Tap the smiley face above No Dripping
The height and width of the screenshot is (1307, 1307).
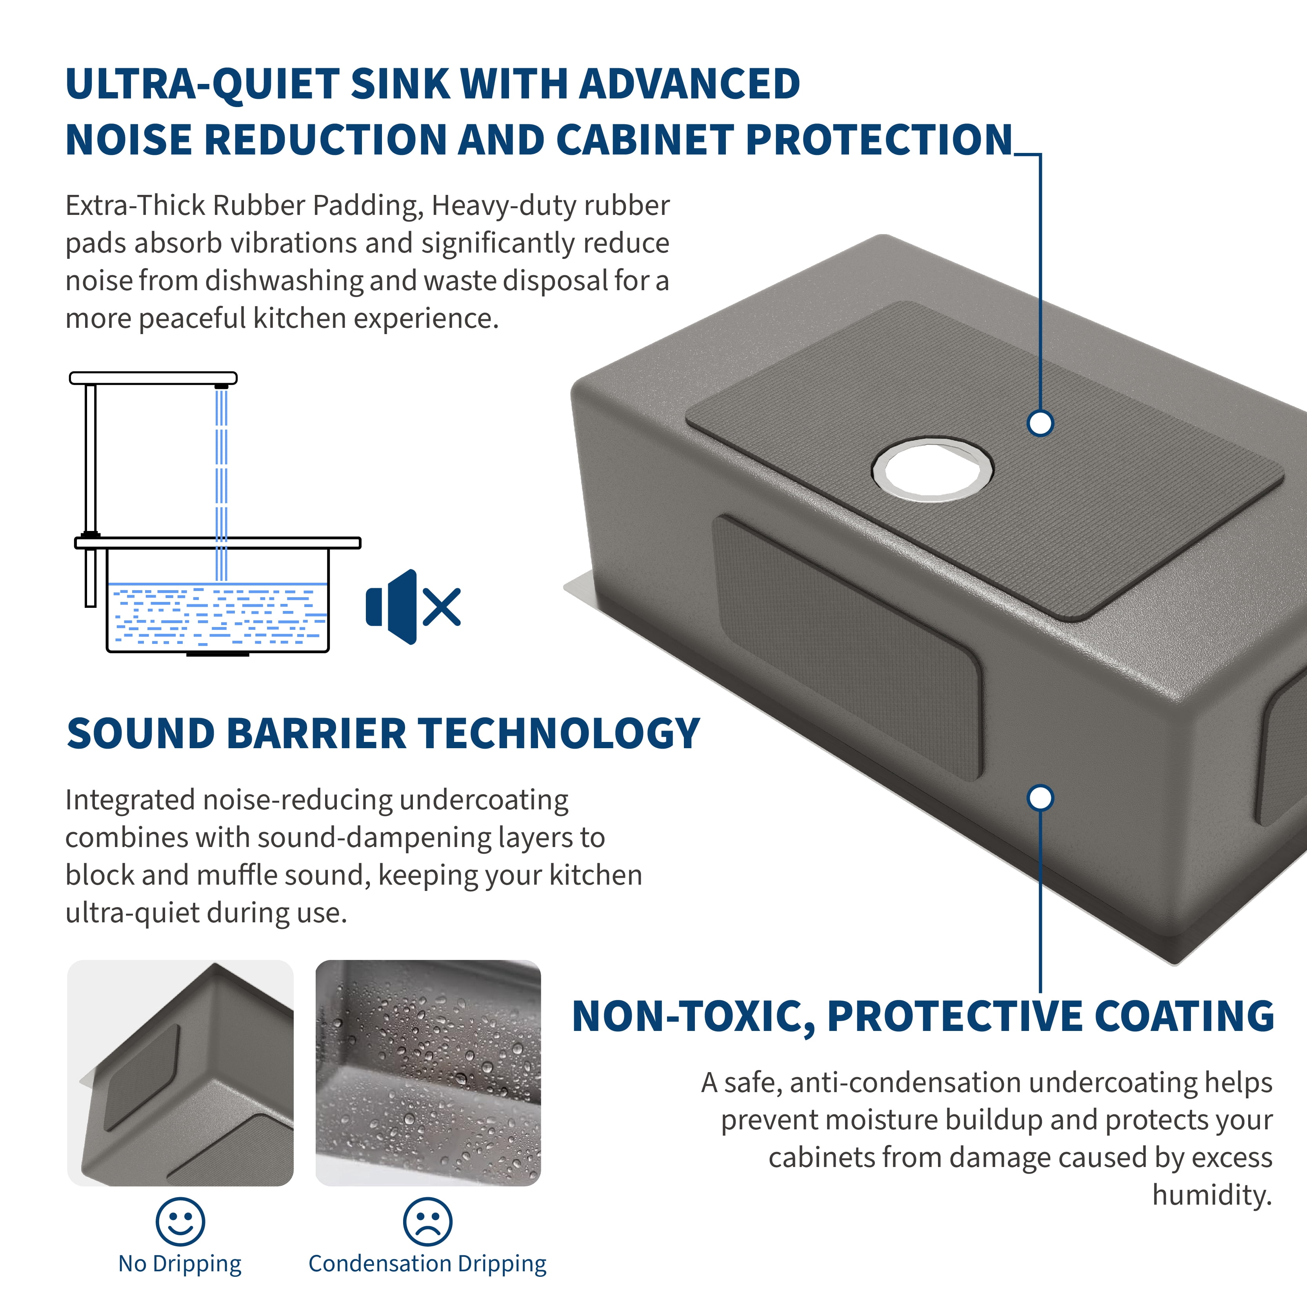[x=180, y=1222]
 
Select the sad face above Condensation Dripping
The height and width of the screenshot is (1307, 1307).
[x=427, y=1222]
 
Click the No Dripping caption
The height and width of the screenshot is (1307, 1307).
[x=180, y=1264]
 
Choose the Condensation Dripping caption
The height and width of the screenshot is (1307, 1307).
[x=427, y=1264]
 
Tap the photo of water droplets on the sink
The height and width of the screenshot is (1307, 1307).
[x=428, y=1073]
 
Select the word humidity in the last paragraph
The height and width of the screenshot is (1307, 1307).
[x=1212, y=1195]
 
